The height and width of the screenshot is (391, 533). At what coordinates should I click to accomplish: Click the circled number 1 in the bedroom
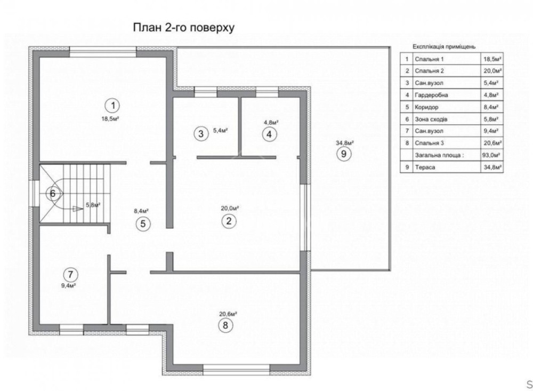(x=112, y=106)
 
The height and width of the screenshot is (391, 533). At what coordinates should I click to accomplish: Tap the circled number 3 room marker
(x=200, y=134)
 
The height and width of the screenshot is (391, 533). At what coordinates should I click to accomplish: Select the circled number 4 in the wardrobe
(x=269, y=134)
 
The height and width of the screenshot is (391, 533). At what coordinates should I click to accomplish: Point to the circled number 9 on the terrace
(x=343, y=154)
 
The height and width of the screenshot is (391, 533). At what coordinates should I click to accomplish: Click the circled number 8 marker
(x=225, y=325)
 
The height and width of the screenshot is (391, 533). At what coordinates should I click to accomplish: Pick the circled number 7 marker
(x=70, y=274)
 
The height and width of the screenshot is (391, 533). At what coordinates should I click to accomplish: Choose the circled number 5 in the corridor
(x=143, y=224)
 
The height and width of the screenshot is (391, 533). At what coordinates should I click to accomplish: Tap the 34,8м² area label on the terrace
(x=345, y=143)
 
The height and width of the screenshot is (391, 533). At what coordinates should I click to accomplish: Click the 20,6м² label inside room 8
(x=228, y=314)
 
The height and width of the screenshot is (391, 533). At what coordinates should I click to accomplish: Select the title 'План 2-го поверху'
(x=183, y=28)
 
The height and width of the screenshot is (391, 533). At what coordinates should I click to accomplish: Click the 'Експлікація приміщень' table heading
(x=444, y=46)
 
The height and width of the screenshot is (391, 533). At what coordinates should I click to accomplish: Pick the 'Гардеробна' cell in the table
(x=431, y=95)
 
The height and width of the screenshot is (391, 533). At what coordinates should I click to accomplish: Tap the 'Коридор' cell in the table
(x=426, y=107)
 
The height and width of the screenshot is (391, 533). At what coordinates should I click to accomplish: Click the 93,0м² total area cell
(x=491, y=155)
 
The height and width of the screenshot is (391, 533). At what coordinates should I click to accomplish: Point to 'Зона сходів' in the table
(x=431, y=119)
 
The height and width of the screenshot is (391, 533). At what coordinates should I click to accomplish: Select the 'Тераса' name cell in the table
(x=425, y=167)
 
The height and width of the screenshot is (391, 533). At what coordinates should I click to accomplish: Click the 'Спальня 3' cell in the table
(x=429, y=143)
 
